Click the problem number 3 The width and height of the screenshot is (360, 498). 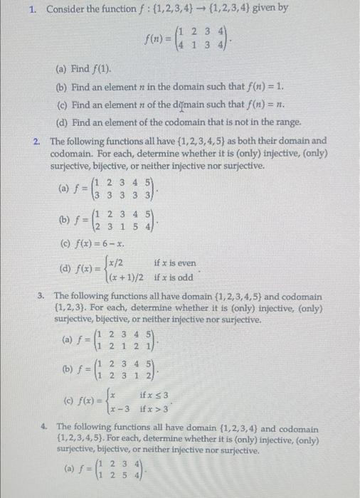43,295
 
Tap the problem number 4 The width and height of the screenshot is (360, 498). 43,429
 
